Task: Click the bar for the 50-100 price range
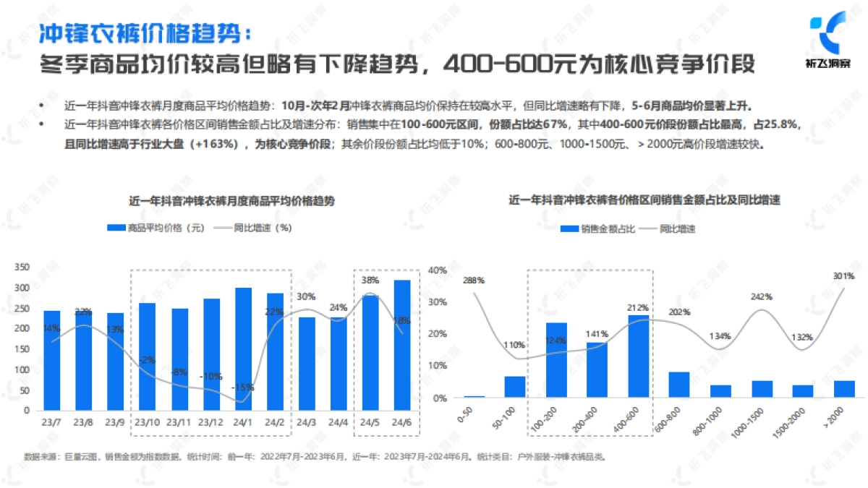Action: coord(514,387)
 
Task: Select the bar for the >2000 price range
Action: coord(843,389)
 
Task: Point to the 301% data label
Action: coord(843,275)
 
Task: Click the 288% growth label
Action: coord(475,281)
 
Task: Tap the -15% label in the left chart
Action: coord(244,388)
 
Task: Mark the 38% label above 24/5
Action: coord(370,281)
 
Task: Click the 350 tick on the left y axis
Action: coord(22,268)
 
